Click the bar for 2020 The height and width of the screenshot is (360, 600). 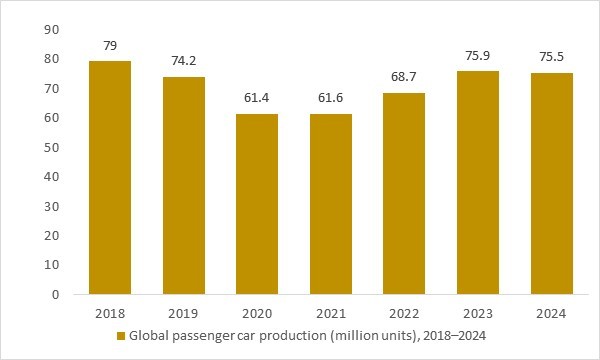(258, 204)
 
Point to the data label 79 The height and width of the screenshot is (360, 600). (110, 46)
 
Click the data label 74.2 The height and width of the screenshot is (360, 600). (184, 60)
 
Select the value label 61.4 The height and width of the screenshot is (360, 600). (258, 98)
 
